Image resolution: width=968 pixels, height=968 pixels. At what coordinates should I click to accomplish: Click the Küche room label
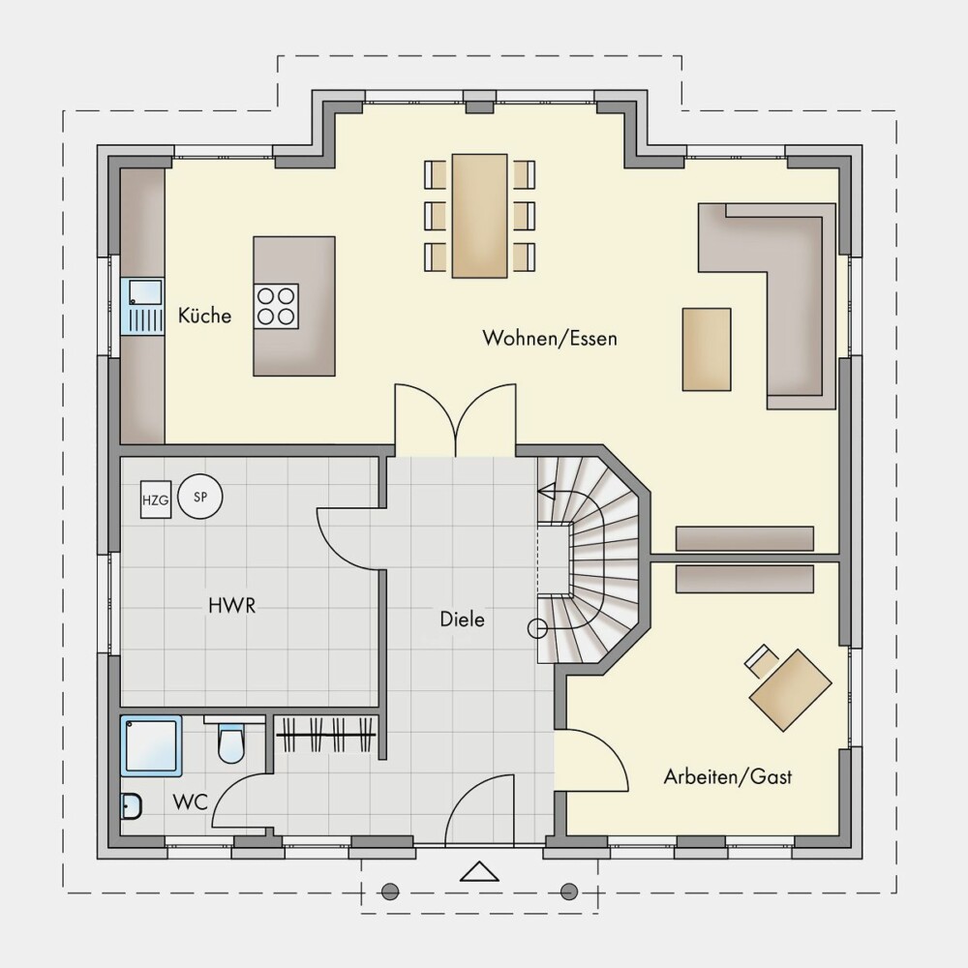[204, 316]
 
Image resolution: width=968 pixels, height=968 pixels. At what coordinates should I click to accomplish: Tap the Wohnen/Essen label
[550, 338]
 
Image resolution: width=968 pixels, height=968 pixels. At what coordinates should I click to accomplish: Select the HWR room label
[232, 606]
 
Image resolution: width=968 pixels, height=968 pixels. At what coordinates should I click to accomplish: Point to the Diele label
[463, 620]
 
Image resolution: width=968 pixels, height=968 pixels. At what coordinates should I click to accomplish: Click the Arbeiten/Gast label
[728, 776]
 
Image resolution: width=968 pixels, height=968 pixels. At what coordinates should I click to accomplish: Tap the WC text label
[190, 802]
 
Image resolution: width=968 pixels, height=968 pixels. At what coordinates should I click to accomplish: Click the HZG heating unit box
[156, 499]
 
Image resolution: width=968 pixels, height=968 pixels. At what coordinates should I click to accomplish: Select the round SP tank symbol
[200, 497]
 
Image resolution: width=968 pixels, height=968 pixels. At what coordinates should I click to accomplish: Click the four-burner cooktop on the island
[276, 306]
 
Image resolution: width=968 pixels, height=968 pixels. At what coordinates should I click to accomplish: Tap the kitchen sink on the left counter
[142, 307]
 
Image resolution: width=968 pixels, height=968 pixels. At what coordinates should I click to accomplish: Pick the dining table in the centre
[480, 216]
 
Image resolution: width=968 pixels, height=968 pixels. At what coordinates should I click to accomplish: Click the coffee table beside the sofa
[707, 349]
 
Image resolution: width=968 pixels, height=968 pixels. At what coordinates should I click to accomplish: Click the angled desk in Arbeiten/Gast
[790, 689]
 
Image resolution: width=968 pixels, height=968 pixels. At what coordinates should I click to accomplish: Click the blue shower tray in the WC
[151, 745]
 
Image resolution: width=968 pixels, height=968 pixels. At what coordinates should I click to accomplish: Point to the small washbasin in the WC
[132, 806]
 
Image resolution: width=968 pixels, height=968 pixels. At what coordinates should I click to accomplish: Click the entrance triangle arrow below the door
[480, 871]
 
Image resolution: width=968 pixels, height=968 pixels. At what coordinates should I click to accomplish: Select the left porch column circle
[390, 892]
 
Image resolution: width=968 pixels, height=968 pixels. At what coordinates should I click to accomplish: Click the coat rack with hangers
[325, 734]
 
